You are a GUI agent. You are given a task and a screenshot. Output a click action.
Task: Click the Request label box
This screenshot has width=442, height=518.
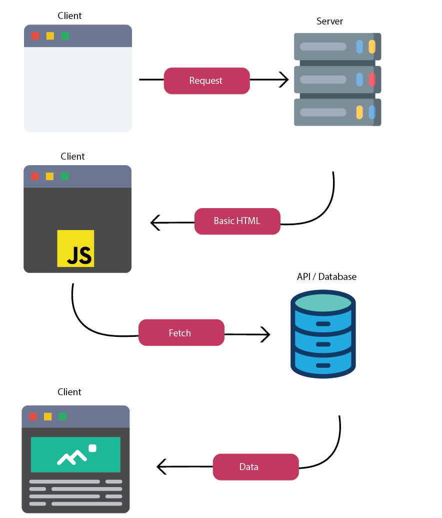pyautogui.click(x=206, y=81)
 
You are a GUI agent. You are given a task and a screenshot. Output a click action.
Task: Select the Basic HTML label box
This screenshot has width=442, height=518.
pyautogui.click(x=237, y=221)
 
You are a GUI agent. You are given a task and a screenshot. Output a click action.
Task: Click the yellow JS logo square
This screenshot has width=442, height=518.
pyautogui.click(x=75, y=249)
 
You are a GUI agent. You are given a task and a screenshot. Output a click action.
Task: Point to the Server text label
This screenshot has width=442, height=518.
pyautogui.click(x=329, y=21)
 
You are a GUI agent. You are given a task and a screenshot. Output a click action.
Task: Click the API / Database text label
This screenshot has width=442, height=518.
pyautogui.click(x=326, y=277)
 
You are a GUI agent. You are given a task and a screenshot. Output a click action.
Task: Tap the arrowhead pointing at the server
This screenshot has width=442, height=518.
pyautogui.click(x=284, y=79)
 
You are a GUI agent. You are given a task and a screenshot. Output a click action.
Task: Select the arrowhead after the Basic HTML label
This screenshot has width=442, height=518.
pyautogui.click(x=155, y=223)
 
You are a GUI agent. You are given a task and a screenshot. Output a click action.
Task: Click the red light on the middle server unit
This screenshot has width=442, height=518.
pyautogui.click(x=372, y=79)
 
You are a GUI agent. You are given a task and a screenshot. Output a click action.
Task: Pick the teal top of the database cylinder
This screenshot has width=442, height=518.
pyautogui.click(x=323, y=302)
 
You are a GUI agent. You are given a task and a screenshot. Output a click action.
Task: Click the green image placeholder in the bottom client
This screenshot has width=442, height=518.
pyautogui.click(x=75, y=455)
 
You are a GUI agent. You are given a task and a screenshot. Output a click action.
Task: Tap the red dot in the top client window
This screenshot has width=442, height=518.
pyautogui.click(x=35, y=36)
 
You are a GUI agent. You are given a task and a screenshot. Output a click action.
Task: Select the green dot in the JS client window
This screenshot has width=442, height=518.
pyautogui.click(x=64, y=176)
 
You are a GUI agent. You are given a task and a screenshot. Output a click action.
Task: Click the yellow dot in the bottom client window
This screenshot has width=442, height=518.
pyautogui.click(x=47, y=417)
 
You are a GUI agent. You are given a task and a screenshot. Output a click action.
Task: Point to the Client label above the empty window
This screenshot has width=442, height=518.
pyautogui.click(x=69, y=16)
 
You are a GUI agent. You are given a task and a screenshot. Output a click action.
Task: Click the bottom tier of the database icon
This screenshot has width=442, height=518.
pyautogui.click(x=323, y=365)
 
